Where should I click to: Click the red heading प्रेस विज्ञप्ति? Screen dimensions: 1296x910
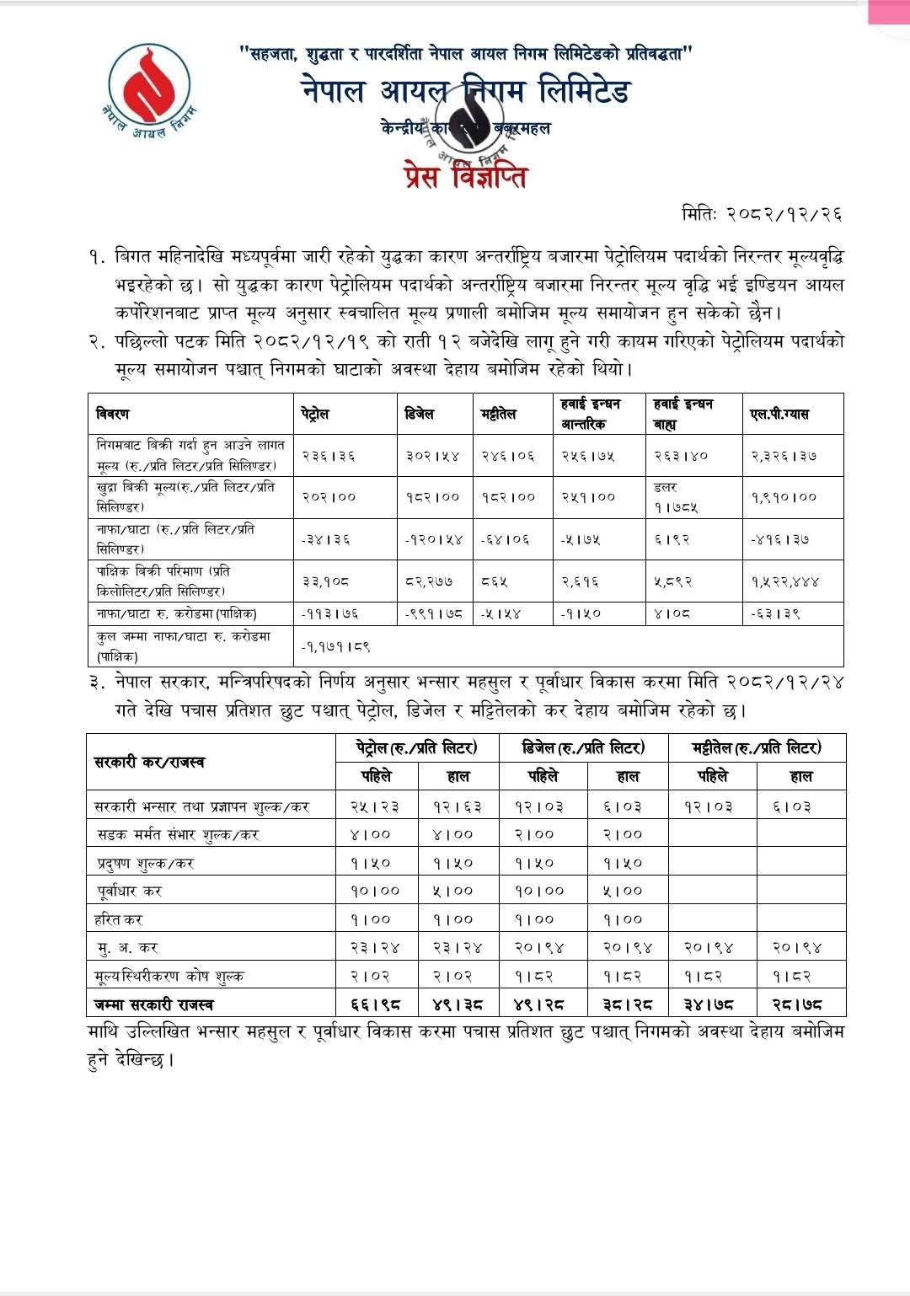point(465,178)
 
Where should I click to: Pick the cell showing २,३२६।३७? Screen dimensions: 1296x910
point(784,456)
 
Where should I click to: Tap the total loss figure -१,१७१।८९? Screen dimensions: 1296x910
point(336,646)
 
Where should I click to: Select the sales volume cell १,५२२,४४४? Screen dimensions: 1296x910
point(785,581)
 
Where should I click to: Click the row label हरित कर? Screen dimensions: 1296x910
point(119,919)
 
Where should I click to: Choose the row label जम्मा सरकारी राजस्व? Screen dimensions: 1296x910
point(154,1004)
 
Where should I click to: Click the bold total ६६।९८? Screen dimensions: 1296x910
point(375,1004)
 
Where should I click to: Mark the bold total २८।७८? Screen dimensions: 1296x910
point(796,1004)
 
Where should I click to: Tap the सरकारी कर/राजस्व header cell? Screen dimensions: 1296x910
point(149,762)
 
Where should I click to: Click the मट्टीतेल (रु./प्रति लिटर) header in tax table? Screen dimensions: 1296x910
point(756,747)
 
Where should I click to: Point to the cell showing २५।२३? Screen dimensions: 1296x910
point(375,806)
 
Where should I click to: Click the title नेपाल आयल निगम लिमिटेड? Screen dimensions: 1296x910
point(466,91)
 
